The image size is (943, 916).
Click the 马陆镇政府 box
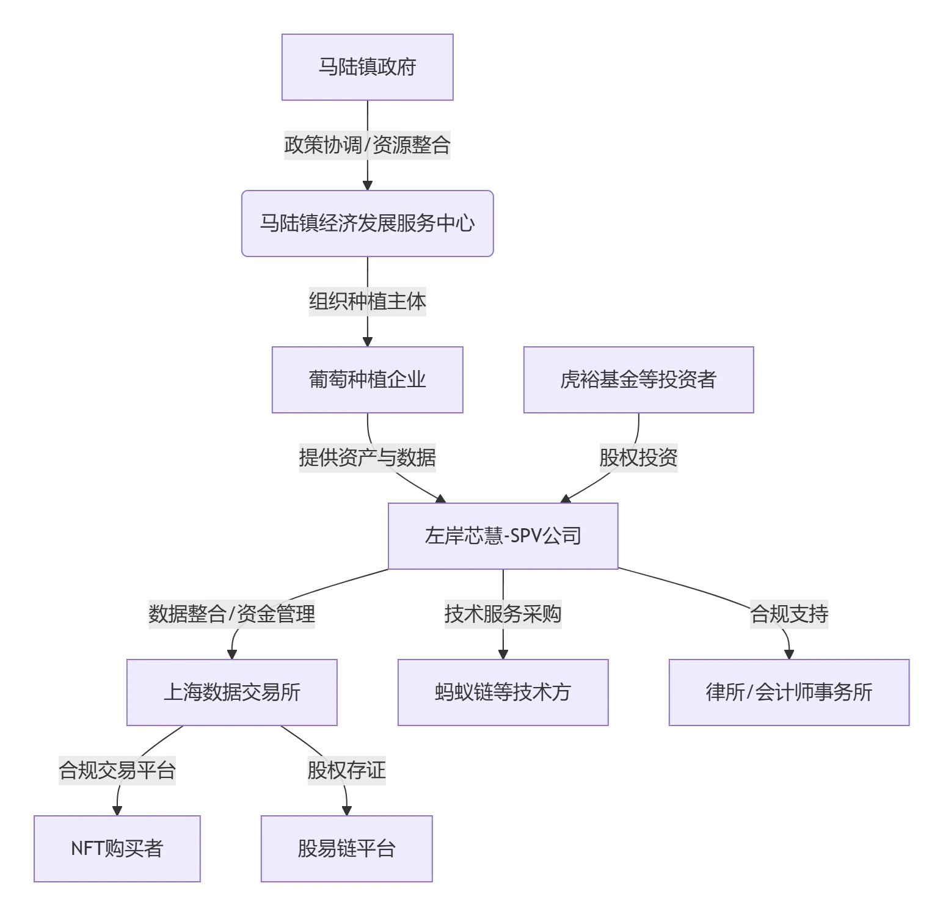(367, 67)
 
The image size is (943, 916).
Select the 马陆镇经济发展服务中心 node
(367, 224)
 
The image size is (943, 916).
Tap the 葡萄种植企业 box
(367, 380)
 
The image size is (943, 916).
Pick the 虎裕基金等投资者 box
(638, 380)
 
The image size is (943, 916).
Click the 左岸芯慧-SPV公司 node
(503, 536)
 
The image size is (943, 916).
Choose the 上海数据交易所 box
(231, 692)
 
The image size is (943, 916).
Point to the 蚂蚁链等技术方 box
(503, 692)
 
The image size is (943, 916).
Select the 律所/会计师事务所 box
(788, 692)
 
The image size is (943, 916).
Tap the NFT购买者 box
(117, 849)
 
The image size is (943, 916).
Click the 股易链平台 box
(346, 849)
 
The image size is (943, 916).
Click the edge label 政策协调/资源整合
(367, 145)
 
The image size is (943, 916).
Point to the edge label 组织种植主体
(367, 302)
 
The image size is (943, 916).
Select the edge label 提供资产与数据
(367, 458)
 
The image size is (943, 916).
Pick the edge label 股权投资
(638, 458)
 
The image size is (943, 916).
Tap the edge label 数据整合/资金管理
(231, 614)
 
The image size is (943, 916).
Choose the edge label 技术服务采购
(503, 614)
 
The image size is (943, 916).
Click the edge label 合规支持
(788, 614)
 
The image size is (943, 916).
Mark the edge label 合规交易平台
(117, 771)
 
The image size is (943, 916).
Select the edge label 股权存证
(346, 771)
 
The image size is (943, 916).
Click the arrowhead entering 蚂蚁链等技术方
(503, 655)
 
